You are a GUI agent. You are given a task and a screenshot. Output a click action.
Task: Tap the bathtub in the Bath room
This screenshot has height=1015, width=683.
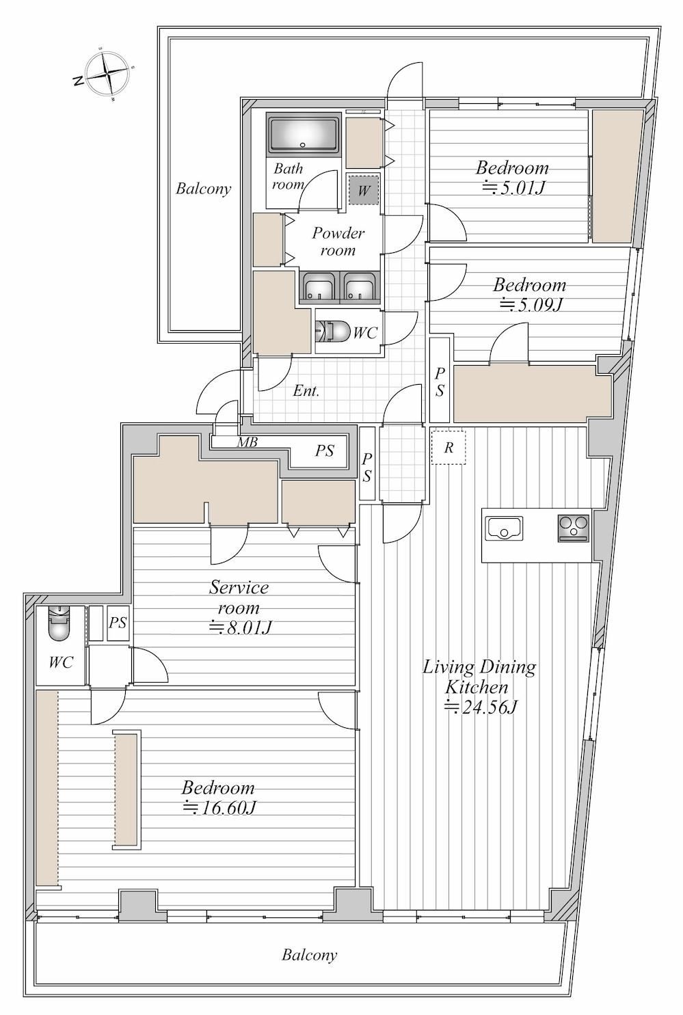(x=304, y=135)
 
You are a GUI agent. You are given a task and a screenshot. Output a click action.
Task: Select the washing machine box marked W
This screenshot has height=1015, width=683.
(x=364, y=190)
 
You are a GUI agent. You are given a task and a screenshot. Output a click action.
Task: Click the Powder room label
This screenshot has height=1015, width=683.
(x=338, y=241)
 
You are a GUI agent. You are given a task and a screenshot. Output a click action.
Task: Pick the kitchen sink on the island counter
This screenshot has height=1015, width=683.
(x=504, y=528)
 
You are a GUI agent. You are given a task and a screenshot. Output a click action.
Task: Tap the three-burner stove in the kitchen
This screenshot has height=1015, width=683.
(x=574, y=528)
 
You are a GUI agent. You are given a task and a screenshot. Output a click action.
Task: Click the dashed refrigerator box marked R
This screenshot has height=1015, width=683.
(x=448, y=447)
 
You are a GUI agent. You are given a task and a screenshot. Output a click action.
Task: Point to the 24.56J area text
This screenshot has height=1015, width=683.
(x=481, y=707)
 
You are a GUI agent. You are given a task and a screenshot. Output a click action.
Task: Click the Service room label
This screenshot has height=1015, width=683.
(x=239, y=597)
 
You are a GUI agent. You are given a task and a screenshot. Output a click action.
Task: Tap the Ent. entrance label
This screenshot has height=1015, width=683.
(x=306, y=390)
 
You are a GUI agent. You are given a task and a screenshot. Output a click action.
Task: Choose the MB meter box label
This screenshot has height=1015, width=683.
(x=247, y=442)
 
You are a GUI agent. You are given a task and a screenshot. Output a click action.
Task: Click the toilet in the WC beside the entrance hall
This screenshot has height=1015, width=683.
(x=333, y=332)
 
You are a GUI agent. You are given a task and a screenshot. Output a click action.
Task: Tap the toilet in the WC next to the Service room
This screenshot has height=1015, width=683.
(x=57, y=623)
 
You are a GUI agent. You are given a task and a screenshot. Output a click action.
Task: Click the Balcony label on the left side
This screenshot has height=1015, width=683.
(x=204, y=188)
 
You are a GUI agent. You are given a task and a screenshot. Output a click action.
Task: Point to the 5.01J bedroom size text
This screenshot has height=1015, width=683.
(x=512, y=187)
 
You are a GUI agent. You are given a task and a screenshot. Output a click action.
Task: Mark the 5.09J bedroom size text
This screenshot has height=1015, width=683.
(x=531, y=305)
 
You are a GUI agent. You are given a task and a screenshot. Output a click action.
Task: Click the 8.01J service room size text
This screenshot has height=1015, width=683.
(x=239, y=627)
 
